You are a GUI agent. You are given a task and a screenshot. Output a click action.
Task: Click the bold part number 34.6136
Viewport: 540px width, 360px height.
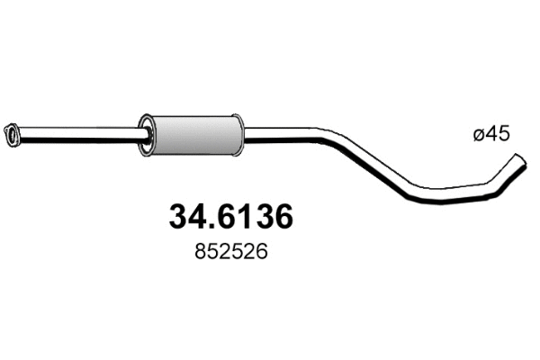[x=232, y=218]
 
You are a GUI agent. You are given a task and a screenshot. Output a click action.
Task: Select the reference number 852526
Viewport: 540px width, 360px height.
[x=232, y=255]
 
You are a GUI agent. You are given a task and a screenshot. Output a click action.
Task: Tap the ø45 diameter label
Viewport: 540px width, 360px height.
[x=491, y=134]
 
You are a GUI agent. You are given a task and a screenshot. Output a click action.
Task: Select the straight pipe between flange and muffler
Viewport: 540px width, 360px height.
[x=81, y=136]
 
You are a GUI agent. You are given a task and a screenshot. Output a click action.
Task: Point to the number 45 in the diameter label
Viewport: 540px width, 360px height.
[x=498, y=134]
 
